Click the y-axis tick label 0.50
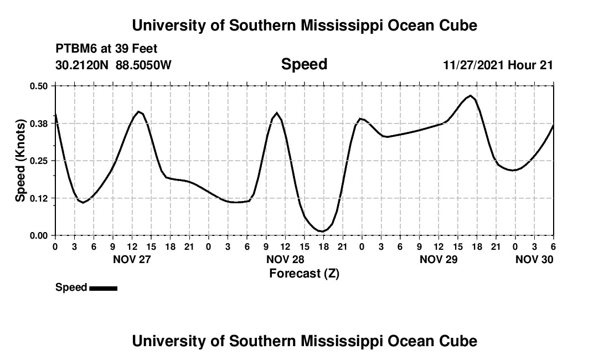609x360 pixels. (39, 86)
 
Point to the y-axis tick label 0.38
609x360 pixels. (39, 123)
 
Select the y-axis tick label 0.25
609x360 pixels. (39, 161)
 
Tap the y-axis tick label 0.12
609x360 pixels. (39, 198)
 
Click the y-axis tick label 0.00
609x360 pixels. (39, 235)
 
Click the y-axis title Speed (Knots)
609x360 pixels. (20, 161)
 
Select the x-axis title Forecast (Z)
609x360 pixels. (304, 274)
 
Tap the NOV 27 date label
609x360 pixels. (132, 259)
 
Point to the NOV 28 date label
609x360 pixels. (285, 259)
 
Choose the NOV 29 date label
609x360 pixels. (438, 259)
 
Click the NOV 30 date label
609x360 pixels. (534, 259)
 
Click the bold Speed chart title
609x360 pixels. (304, 64)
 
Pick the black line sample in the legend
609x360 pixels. (103, 288)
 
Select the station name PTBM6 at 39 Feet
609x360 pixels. (106, 49)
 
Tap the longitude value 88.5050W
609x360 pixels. (143, 65)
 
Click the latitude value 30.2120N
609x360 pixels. (82, 65)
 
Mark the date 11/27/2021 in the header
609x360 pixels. (473, 65)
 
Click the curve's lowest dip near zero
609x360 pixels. (321, 231)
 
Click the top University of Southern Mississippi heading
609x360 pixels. (304, 25)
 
